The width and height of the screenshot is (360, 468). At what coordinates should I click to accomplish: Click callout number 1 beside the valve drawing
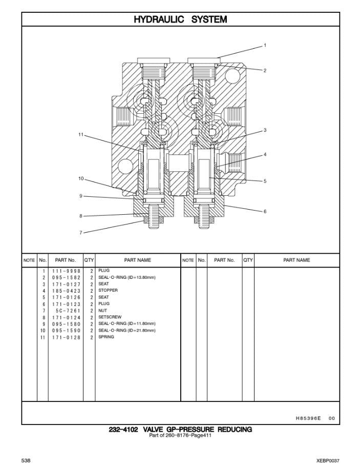tap(265, 46)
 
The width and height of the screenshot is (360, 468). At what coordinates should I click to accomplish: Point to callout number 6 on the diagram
tap(265, 211)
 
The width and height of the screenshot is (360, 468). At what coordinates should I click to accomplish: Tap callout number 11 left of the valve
tap(80, 135)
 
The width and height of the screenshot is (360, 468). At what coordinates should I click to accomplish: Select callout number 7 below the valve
tap(80, 233)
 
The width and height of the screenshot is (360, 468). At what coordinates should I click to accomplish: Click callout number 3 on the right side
tap(265, 130)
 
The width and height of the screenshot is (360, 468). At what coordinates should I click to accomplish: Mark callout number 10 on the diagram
tap(80, 179)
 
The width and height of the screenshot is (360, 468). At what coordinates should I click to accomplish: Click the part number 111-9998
tap(66, 271)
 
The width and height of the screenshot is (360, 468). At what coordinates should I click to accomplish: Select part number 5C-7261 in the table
tap(68, 311)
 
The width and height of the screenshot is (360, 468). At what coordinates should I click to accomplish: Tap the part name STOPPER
tap(108, 291)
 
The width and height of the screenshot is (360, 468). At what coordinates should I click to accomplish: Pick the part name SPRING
tap(106, 337)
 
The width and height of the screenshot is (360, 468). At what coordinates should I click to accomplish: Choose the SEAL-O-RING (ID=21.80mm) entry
tap(126, 331)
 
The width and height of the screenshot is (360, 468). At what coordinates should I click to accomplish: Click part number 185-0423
tap(66, 291)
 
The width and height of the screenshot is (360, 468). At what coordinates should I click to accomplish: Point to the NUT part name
tap(102, 311)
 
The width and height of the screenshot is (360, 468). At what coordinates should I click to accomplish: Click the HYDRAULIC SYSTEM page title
tap(180, 19)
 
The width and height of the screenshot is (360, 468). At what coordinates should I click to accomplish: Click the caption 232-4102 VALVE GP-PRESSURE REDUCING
tap(180, 430)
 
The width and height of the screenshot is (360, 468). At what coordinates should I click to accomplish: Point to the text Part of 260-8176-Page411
tap(180, 436)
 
